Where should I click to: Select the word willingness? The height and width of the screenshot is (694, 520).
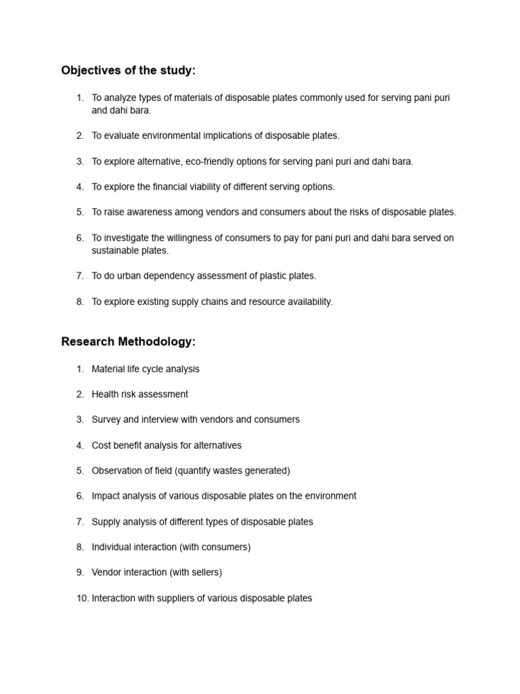180,238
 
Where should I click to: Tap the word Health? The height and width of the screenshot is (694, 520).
105,394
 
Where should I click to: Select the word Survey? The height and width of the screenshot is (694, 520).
106,420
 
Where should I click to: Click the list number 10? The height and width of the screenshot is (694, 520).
82,598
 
